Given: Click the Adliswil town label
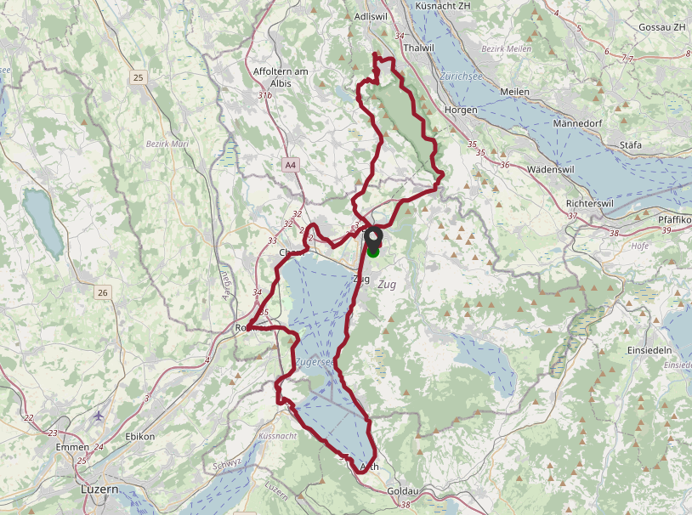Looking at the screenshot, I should pos(370,16).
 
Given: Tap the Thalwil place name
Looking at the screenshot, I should pos(420,48).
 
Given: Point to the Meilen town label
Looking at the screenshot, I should pos(515,91).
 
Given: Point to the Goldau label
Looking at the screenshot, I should pos(403,492).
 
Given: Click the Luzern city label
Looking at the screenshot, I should pos(100,490).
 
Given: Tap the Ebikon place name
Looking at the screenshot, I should pos(139,436).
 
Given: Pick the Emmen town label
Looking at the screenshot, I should pos(71,447).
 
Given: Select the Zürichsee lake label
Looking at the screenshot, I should pos(462,75).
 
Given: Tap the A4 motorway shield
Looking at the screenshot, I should pos(291,164).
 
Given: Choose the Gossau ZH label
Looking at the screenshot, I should pos(661,27).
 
